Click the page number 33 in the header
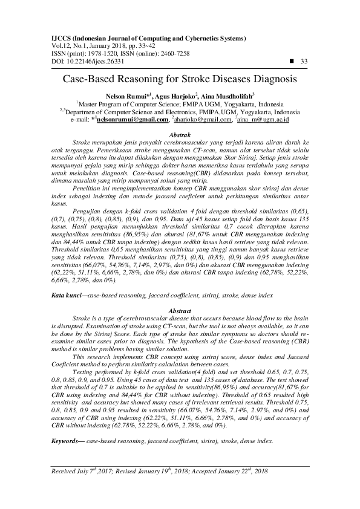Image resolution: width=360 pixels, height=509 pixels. pyautogui.click(x=304, y=62)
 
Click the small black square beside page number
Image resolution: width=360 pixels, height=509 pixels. pyautogui.click(x=293, y=62)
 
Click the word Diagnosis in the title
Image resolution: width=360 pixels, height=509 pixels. pyautogui.click(x=275, y=79)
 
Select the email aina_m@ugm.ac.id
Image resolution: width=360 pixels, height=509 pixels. pyautogui.click(x=263, y=119)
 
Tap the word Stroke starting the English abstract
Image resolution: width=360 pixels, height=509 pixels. pyautogui.click(x=82, y=317)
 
